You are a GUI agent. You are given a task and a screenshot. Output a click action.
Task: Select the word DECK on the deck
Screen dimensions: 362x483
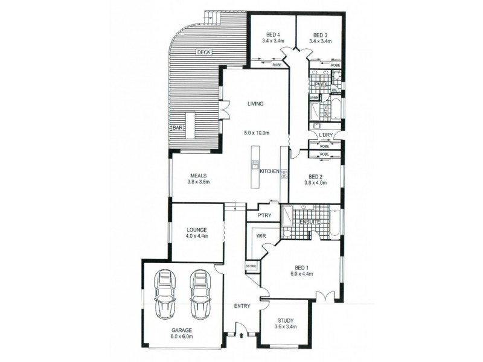click(203, 52)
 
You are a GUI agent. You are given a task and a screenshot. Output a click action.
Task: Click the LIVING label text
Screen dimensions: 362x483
click(255, 104)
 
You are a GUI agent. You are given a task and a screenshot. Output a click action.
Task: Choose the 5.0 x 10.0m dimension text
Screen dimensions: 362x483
click(255, 133)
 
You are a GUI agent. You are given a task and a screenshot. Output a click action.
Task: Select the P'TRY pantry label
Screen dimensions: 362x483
click(263, 215)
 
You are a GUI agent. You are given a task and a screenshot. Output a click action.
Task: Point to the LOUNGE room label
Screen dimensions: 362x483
click(197, 230)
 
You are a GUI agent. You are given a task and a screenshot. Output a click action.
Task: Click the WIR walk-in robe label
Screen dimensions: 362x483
click(261, 236)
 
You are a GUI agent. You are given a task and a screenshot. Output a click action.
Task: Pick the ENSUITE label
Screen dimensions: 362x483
click(310, 221)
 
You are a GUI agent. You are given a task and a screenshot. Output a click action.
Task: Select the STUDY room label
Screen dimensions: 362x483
click(285, 321)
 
